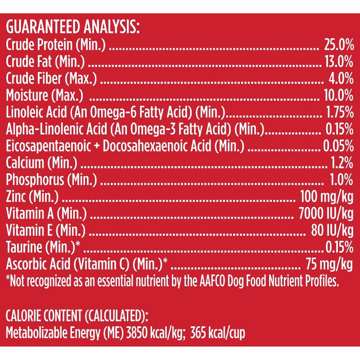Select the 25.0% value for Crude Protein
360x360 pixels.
(x=338, y=45)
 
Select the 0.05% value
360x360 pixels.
(x=338, y=145)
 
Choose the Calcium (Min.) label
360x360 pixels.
(x=41, y=162)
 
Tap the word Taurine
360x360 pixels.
(x=22, y=247)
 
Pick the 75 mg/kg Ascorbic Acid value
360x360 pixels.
(x=328, y=263)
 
